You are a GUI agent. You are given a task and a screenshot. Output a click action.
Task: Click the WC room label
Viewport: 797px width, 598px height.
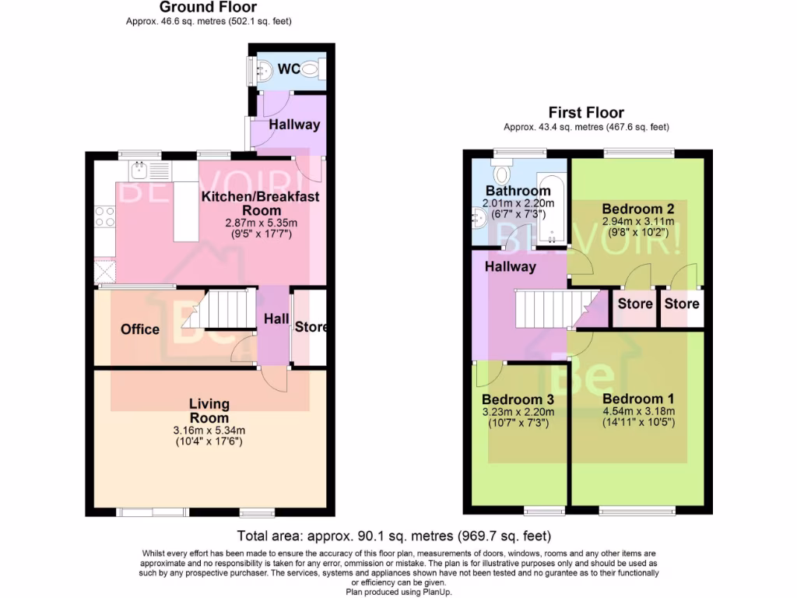pos(290,69)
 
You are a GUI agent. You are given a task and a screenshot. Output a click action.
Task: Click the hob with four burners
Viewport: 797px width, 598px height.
pos(104,216)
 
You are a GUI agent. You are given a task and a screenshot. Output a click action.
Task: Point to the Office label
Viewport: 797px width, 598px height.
pos(140,329)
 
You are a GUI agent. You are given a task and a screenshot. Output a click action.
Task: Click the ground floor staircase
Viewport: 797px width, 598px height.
pos(226,309)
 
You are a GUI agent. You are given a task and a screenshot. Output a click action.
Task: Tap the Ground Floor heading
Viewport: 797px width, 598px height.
pos(208,8)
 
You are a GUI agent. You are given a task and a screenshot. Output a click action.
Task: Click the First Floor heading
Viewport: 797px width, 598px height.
pos(586,113)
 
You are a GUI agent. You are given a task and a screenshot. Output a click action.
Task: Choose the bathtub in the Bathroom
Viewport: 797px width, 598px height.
pos(551,206)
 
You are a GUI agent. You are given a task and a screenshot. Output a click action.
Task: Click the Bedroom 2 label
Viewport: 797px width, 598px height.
pos(637,209)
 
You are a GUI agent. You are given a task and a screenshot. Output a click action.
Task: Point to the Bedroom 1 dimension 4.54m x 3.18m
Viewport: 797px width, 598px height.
pos(638,412)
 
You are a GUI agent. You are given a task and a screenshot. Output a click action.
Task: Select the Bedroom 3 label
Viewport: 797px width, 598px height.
pos(518,399)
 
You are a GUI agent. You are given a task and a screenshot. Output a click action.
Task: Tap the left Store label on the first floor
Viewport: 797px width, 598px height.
pos(635,304)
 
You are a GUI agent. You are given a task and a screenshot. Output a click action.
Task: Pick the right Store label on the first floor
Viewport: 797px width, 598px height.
pos(681,304)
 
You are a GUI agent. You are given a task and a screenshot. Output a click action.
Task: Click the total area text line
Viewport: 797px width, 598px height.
pos(394,536)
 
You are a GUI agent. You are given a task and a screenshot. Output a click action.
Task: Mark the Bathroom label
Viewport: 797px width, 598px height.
pos(518,191)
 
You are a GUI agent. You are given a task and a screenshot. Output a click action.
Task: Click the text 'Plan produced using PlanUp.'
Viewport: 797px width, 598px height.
pos(398,592)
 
